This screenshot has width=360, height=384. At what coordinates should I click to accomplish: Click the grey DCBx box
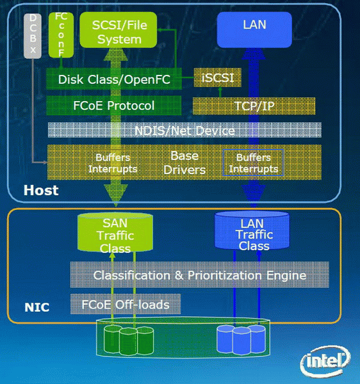pos(33,36)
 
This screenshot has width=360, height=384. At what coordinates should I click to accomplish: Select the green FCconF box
pos(61,35)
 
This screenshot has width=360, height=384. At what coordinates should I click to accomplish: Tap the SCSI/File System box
pos(119,30)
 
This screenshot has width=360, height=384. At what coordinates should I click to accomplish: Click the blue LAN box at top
pos(254,29)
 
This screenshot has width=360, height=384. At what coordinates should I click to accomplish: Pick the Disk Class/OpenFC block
pos(114,79)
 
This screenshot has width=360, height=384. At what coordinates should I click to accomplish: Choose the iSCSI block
pos(218,77)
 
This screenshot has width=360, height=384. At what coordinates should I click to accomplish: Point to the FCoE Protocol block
pos(114,106)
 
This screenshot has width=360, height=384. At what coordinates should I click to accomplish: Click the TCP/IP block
pos(254,106)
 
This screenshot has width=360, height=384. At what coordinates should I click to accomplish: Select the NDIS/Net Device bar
pos(184,130)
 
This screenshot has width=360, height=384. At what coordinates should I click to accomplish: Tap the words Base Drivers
pos(184,163)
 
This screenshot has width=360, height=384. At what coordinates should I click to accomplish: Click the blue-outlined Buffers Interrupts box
pos(254,163)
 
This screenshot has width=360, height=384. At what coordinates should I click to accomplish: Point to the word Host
pos(41,190)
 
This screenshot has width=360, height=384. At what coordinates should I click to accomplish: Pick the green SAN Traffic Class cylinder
pos(115,232)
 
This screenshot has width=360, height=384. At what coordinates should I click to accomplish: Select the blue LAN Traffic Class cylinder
pos(252,230)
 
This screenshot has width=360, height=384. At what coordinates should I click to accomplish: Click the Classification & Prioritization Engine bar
pos(200,275)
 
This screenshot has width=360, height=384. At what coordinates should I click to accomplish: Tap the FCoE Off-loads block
pos(126,304)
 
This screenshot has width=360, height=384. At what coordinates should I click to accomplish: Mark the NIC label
pos(37,307)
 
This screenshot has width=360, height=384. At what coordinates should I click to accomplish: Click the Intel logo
pos(326,361)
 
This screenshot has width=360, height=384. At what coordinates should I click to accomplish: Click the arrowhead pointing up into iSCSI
pos(220,89)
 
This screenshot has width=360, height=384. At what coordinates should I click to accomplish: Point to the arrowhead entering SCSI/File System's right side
pos(160,30)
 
